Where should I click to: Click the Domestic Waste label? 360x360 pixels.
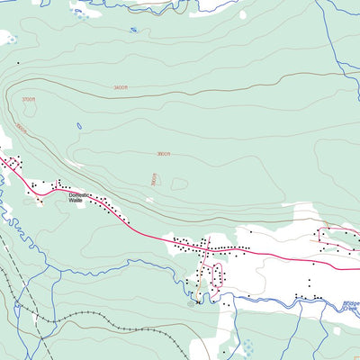(x=79, y=197)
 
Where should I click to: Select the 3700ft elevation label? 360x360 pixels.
(x=29, y=99)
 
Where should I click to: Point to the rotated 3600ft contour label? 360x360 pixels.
(x=22, y=130)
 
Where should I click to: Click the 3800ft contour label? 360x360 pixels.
(x=165, y=154)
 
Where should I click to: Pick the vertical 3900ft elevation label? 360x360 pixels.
(x=154, y=179)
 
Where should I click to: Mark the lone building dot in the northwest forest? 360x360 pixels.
(x=16, y=63)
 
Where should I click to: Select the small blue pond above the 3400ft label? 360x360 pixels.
(x=133, y=30)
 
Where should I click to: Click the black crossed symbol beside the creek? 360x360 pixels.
(x=197, y=302)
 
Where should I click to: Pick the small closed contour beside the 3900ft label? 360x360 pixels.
(x=179, y=184)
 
